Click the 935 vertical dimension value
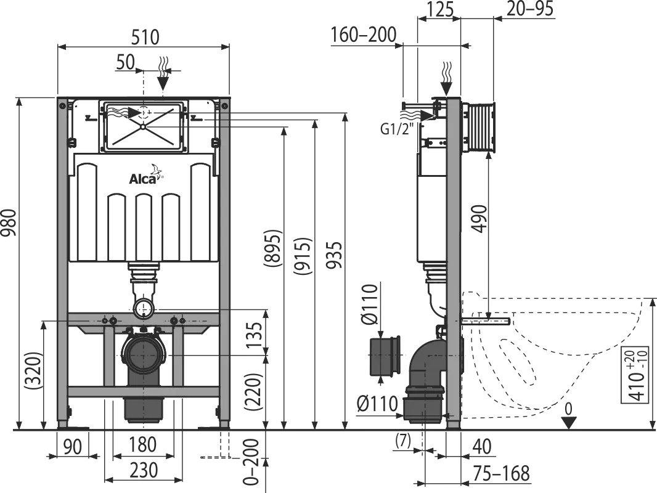pyautogui.click(x=334, y=254)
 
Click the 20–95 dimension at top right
pyautogui.click(x=530, y=9)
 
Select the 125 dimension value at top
pyautogui.click(x=439, y=9)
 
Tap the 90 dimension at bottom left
pyautogui.click(x=72, y=445)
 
